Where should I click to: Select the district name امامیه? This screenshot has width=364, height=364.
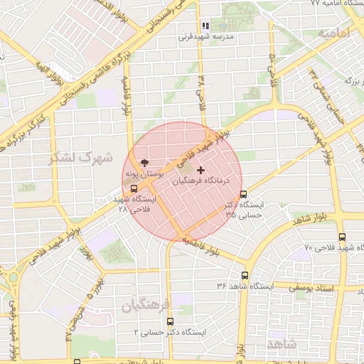335,33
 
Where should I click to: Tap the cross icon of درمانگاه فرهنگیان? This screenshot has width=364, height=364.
200,171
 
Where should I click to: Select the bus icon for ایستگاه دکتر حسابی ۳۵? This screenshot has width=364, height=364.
244,194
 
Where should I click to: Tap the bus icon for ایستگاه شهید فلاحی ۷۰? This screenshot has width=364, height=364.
342,237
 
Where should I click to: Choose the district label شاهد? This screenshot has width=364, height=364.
282,343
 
